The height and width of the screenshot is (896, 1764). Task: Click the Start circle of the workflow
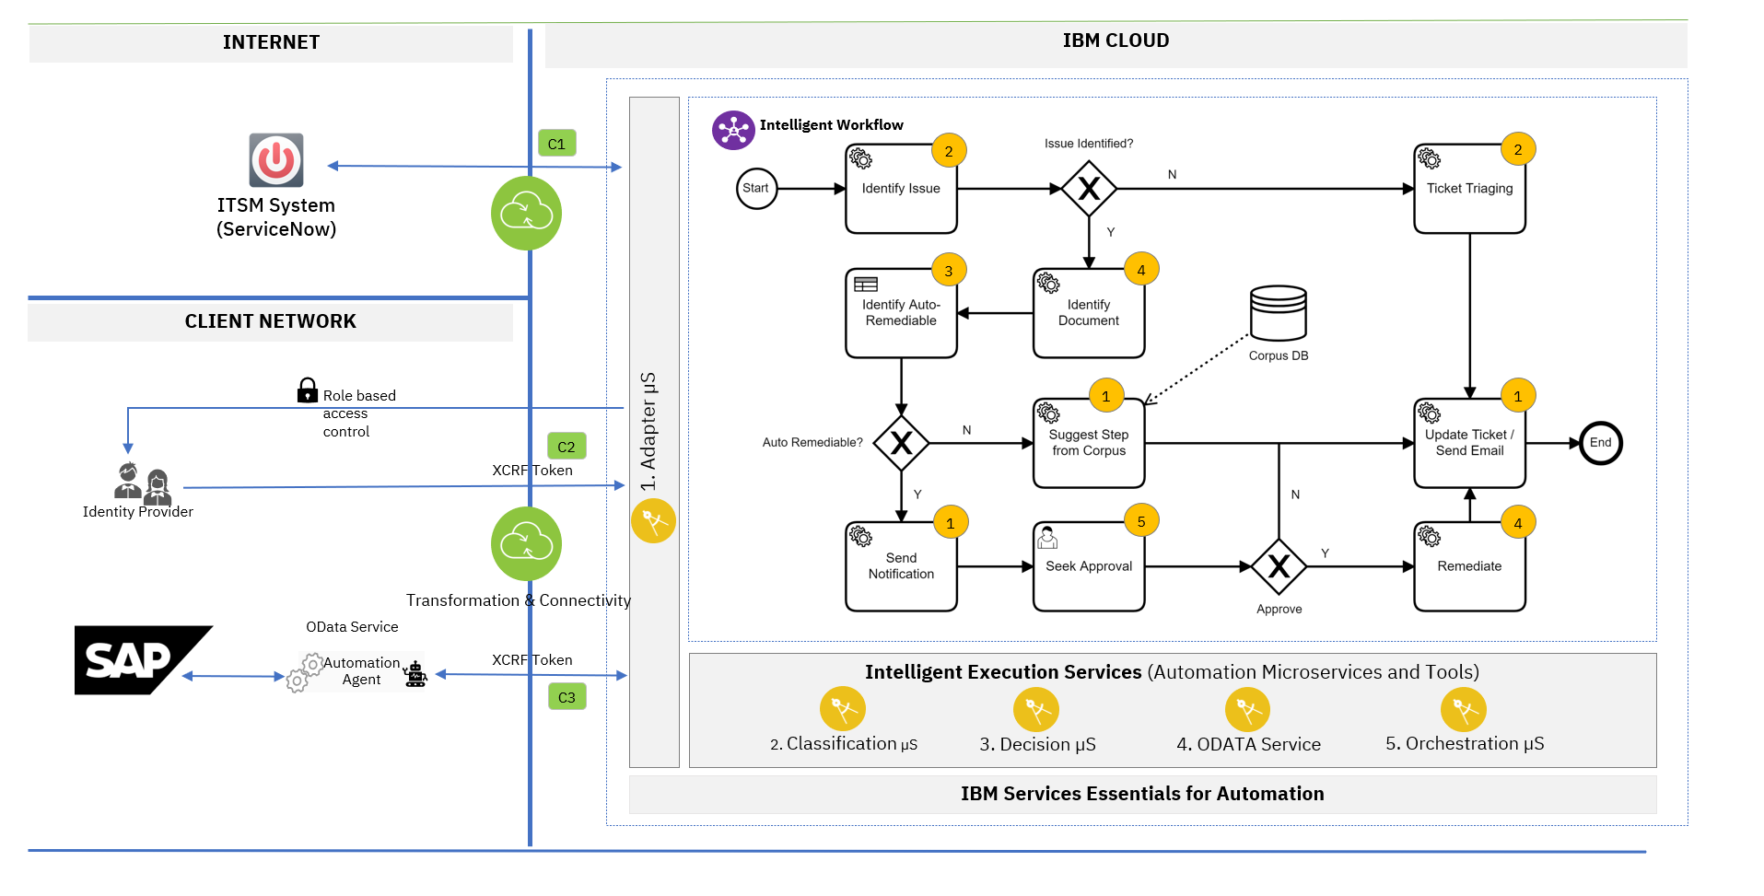(x=756, y=189)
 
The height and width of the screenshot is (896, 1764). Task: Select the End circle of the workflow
(x=1600, y=443)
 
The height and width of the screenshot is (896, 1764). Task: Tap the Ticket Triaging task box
(x=1469, y=189)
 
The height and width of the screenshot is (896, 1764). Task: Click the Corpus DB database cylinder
(x=1278, y=313)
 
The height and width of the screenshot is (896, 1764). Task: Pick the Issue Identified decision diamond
(x=1089, y=189)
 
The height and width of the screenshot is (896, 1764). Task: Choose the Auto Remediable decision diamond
(x=901, y=443)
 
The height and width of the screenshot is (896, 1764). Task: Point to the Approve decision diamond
(x=1279, y=566)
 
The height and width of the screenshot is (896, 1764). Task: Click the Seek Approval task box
(x=1089, y=566)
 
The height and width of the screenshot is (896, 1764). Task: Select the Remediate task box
(x=1469, y=566)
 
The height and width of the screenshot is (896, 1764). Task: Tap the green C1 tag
(x=556, y=144)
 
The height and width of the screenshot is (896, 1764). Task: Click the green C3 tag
(x=567, y=697)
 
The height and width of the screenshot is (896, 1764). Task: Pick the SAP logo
(x=138, y=660)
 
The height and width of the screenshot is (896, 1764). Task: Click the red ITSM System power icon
(x=276, y=160)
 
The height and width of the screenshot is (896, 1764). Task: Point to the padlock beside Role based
(x=308, y=390)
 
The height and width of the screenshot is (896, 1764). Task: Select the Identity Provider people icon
(x=142, y=482)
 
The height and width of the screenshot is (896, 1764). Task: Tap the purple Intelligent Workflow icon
(x=733, y=131)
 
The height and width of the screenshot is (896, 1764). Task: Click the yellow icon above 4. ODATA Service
(x=1247, y=710)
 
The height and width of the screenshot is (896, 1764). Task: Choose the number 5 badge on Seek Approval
(x=1140, y=521)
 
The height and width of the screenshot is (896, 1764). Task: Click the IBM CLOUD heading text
(x=1116, y=41)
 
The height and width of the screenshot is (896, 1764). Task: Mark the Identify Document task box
(x=1089, y=313)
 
